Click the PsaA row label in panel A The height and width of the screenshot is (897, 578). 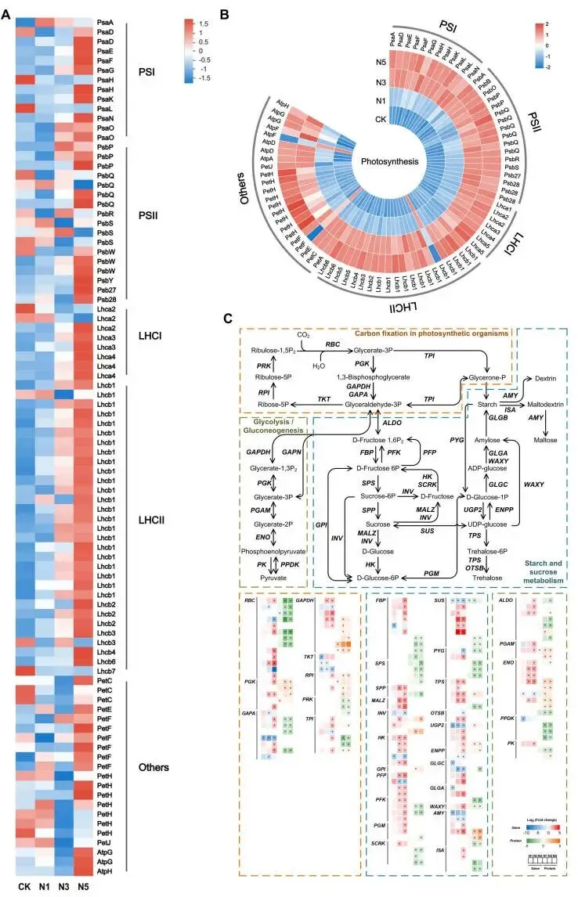click(x=105, y=24)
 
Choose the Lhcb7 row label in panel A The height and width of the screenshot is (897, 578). click(x=106, y=671)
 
